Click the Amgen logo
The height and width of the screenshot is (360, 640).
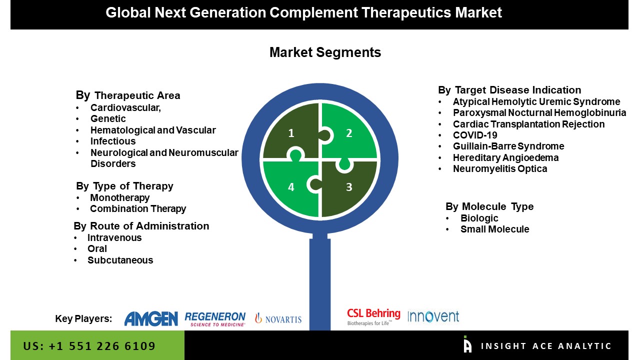[151, 318]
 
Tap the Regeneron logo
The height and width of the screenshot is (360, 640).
[215, 318]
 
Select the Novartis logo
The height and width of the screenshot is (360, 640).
[278, 318]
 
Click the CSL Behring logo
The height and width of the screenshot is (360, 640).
[373, 316]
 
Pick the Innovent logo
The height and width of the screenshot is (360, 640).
[433, 316]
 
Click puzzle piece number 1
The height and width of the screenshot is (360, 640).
[291, 132]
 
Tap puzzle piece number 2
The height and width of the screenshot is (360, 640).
[349, 132]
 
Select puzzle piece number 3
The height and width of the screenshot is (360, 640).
[349, 187]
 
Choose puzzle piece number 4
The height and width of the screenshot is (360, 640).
[291, 187]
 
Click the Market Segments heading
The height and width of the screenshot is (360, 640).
[325, 52]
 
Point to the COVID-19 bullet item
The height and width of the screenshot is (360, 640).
[475, 135]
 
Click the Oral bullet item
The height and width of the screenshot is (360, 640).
[97, 248]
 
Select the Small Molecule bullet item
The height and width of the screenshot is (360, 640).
[494, 229]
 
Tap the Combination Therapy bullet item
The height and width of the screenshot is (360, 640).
[138, 208]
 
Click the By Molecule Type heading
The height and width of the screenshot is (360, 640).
[489, 206]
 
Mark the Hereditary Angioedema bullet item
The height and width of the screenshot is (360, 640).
[505, 157]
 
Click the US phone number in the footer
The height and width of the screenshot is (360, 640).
[89, 346]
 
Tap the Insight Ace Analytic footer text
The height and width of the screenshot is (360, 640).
[546, 346]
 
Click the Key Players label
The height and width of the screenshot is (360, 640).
[83, 319]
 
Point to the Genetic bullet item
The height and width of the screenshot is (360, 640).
[108, 118]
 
